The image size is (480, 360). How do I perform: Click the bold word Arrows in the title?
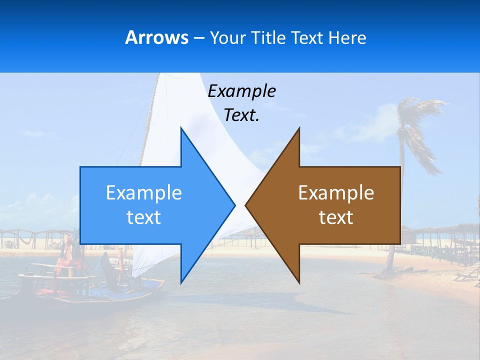pos(157,37)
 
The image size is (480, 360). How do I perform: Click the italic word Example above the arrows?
pos(241,91)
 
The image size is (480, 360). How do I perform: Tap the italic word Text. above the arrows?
pos(241,115)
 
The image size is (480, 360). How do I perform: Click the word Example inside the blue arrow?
pos(144,193)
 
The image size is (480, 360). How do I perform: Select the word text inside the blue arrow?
pos(144,217)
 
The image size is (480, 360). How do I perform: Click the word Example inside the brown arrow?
pos(336,193)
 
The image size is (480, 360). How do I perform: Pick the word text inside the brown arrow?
pos(336,217)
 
